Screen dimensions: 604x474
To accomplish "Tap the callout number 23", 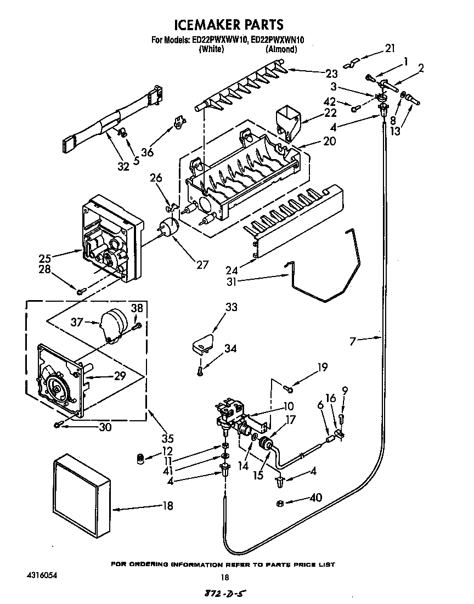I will coord(331,74).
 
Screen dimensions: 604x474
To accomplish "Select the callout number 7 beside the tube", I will coord(356,341).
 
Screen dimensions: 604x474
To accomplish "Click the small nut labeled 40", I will coord(280,504).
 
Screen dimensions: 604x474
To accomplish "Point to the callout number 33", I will coord(231,307).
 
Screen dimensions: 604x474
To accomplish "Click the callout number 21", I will coord(390,48).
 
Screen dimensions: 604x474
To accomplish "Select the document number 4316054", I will coord(42,576).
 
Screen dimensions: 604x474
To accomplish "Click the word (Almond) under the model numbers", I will coord(281,49).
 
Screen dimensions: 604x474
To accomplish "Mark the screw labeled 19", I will coord(289,389).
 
